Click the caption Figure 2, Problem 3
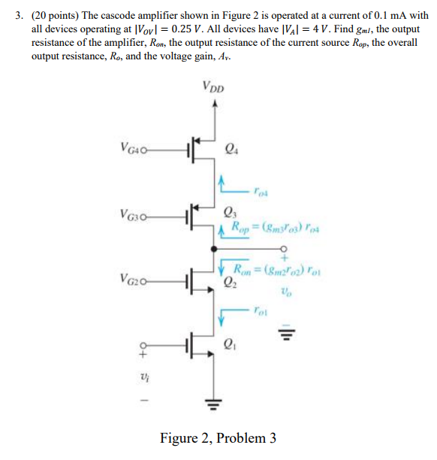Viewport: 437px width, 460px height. point(218,437)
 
